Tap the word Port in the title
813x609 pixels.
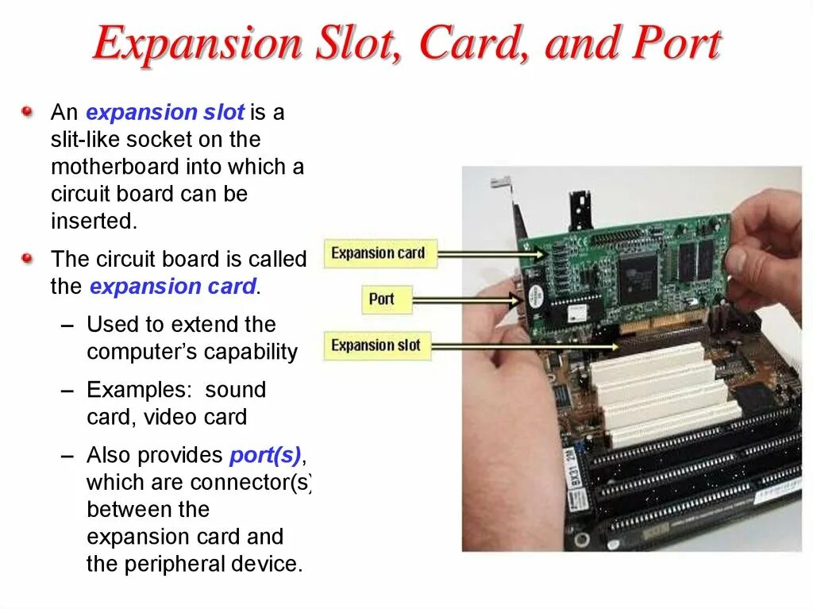pos(675,44)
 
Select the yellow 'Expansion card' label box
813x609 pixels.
pos(378,254)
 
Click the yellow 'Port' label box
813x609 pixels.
pos(381,299)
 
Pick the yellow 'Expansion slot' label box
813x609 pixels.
pos(376,345)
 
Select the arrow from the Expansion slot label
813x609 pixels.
pos(524,346)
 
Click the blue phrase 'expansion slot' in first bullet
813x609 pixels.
pos(165,113)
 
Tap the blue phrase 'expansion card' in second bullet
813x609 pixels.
pos(172,287)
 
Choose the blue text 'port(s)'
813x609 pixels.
pos(265,456)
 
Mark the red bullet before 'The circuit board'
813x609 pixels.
pos(28,258)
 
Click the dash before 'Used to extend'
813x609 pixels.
pos(67,326)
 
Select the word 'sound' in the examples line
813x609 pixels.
pos(235,390)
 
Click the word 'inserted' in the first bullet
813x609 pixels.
pos(93,221)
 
